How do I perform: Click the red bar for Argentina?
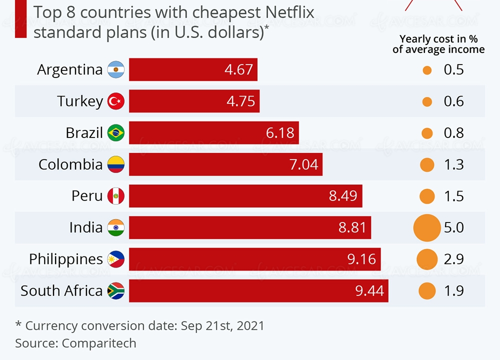pos(193,69)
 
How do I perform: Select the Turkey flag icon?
pos(116,101)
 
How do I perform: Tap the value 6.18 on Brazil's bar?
pos(280,133)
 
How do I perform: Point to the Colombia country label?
pos(70,164)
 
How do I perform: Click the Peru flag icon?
pos(116,196)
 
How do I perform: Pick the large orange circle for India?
pos(427,227)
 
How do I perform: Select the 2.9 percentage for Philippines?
pos(454,259)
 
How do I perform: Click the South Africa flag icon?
pos(116,290)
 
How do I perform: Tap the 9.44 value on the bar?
pos(369,290)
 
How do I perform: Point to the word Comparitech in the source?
pos(99,343)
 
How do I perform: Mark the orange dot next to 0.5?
pos(426,70)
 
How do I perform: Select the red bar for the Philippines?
pos(255,259)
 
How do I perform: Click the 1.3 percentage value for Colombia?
pos(454,164)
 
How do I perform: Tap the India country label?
pos(86,227)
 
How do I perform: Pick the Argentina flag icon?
pos(116,69)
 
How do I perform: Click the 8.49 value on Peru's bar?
pos(343,196)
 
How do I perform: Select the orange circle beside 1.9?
pos(427,290)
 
